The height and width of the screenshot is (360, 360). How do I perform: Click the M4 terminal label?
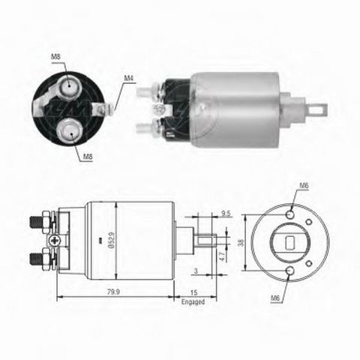tap(129, 78)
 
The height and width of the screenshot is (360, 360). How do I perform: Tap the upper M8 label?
tap(55, 56)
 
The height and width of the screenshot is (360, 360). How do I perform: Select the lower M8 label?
tap(88, 157)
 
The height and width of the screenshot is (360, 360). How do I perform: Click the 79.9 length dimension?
tap(113, 292)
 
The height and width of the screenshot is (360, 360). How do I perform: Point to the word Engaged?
tap(193, 301)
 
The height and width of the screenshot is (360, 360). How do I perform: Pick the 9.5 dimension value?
tap(226, 214)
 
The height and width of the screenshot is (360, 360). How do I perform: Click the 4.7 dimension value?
tap(222, 256)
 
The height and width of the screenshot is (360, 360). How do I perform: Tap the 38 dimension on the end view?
tap(241, 242)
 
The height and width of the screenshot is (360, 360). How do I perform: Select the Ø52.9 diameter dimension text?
tap(112, 240)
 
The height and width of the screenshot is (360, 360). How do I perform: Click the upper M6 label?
tap(304, 185)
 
